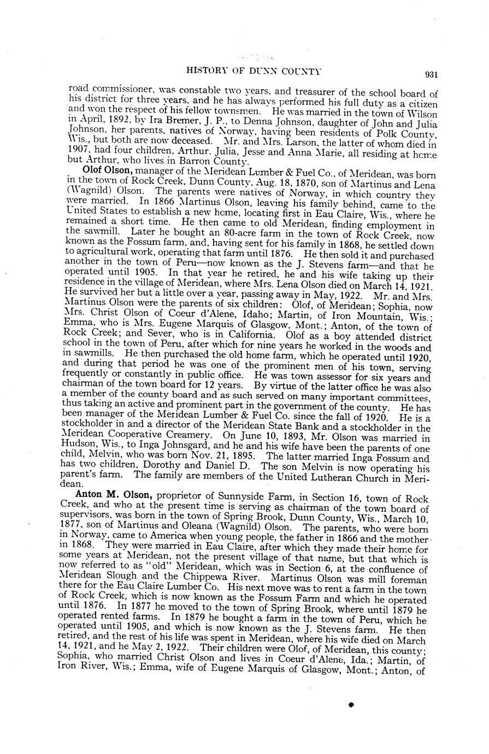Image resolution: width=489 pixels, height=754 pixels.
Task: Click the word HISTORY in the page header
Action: tap(205, 71)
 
